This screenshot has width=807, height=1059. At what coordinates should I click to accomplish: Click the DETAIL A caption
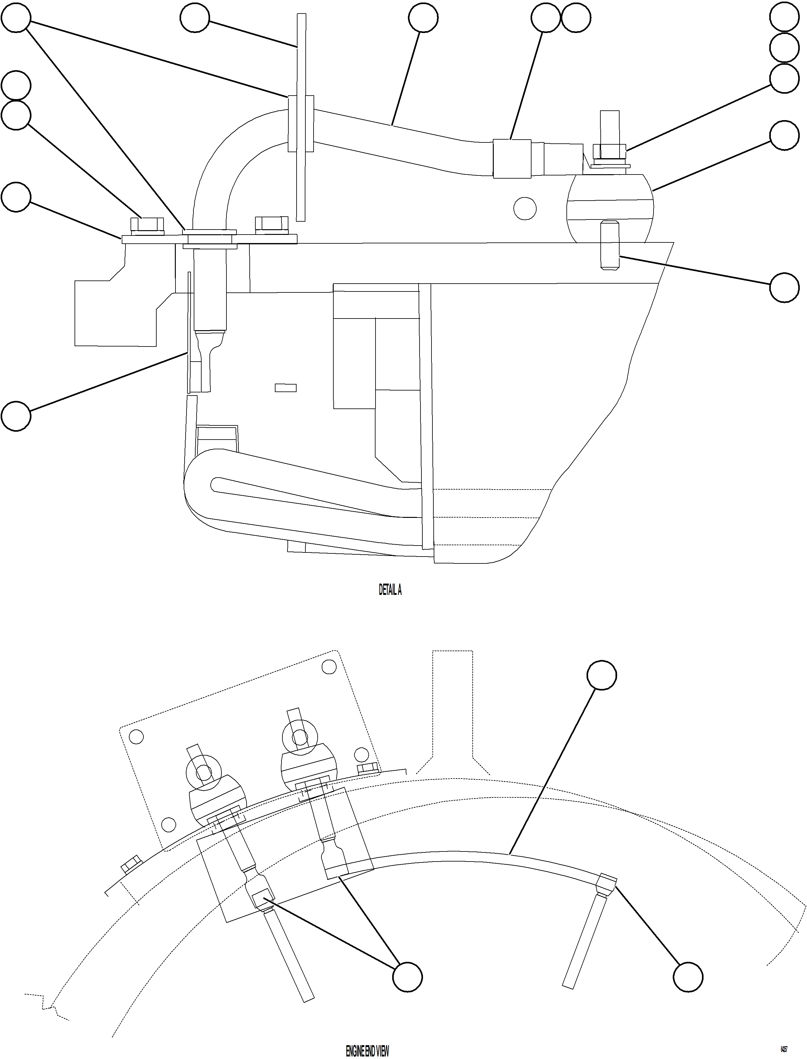click(x=390, y=590)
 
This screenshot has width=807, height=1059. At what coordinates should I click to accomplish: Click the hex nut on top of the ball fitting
click(x=609, y=151)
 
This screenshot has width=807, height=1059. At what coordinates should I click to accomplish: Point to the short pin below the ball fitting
click(x=609, y=246)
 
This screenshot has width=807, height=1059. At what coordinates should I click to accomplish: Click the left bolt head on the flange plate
click(x=147, y=226)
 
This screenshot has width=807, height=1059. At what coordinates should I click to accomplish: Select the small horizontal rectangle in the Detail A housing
click(x=285, y=388)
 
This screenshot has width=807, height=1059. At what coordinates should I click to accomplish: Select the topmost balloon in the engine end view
click(x=602, y=675)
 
